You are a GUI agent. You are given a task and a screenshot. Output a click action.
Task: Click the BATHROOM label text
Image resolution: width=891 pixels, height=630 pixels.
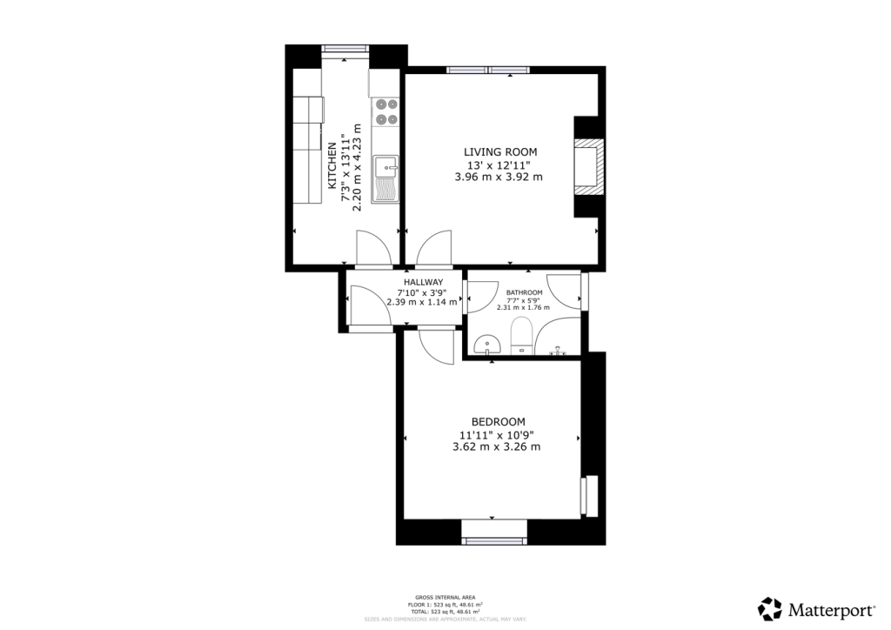click(525, 292)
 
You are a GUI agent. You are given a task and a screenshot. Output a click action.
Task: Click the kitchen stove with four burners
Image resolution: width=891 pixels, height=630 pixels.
click(385, 111)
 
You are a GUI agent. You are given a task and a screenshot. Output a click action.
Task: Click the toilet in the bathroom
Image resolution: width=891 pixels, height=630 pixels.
click(522, 335)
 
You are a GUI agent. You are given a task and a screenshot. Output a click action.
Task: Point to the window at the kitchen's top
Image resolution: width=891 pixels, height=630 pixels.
click(345, 49)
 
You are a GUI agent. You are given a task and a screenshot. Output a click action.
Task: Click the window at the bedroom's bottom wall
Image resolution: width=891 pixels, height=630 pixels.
click(494, 540)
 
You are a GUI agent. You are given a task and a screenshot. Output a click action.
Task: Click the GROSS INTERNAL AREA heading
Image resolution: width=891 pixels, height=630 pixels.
click(445, 597)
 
